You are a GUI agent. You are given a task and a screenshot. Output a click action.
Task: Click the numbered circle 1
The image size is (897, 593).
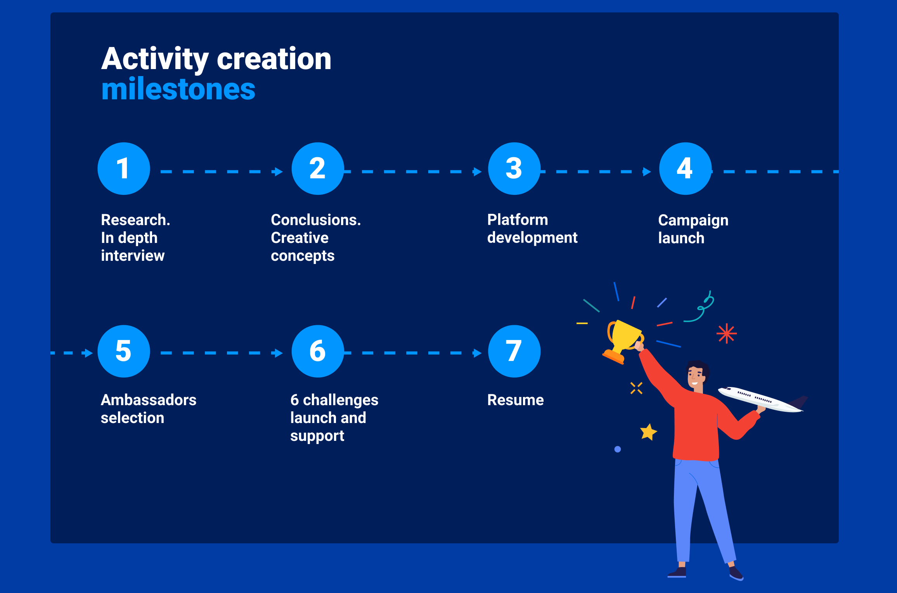(x=124, y=168)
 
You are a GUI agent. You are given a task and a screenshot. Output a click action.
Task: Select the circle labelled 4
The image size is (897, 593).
(x=685, y=168)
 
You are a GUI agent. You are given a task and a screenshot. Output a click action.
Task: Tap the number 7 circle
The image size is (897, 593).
(x=514, y=351)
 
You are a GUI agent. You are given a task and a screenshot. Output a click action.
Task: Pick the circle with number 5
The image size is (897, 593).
(x=124, y=351)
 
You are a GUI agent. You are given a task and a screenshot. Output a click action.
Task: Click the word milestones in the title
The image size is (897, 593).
(x=178, y=89)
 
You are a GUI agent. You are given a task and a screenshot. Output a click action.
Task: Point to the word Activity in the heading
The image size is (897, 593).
(x=155, y=59)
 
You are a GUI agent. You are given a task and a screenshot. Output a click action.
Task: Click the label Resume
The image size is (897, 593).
(x=515, y=400)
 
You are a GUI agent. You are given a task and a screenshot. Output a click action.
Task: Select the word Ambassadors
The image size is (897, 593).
(x=149, y=400)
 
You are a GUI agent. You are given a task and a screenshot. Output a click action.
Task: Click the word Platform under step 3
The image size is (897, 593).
(x=518, y=220)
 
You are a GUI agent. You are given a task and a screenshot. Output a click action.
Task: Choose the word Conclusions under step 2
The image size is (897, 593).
(x=316, y=220)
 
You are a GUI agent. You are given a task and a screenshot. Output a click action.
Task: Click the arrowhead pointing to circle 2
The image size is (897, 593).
(x=278, y=172)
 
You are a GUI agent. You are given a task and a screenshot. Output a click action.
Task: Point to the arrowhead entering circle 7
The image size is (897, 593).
(x=477, y=353)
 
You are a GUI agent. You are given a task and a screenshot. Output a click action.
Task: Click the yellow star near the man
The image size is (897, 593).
(x=648, y=432)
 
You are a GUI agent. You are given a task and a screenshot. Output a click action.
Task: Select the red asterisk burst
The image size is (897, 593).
(x=726, y=333)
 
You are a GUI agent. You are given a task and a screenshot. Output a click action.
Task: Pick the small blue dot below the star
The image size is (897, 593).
(x=618, y=449)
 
